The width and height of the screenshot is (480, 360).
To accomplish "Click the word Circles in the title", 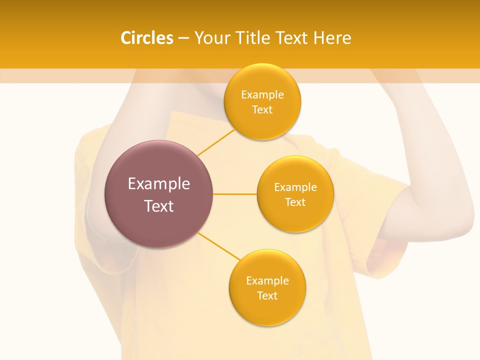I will point(146,38).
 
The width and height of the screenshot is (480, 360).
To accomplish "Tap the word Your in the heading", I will point(210,38).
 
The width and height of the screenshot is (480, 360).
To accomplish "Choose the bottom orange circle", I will point(267,310).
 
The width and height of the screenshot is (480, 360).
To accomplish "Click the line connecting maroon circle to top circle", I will point(216,142).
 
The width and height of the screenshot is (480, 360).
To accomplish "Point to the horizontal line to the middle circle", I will point(235,194).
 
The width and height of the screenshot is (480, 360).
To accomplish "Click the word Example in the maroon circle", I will point(158,184).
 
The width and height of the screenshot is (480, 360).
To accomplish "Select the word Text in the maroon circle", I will point(158,206).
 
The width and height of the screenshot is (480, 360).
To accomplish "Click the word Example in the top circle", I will point(262,95).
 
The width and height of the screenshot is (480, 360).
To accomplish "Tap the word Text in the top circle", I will point(262,110).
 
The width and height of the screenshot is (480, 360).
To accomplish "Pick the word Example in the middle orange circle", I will point(295,187).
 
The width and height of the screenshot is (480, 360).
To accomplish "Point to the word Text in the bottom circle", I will point(267,296).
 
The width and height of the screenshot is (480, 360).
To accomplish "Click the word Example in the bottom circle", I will point(267,281).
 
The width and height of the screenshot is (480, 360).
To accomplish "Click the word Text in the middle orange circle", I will point(295,202).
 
